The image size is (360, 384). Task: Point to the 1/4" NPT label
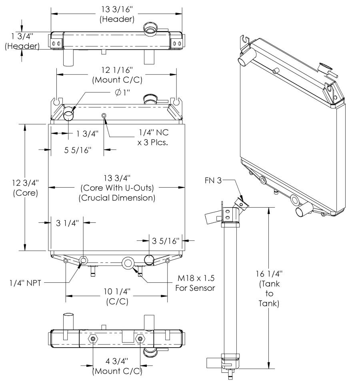[26, 281]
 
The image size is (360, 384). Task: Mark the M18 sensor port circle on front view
[128, 263]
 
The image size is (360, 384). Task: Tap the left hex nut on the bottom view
[93, 339]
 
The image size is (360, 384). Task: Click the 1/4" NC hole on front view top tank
[104, 116]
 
